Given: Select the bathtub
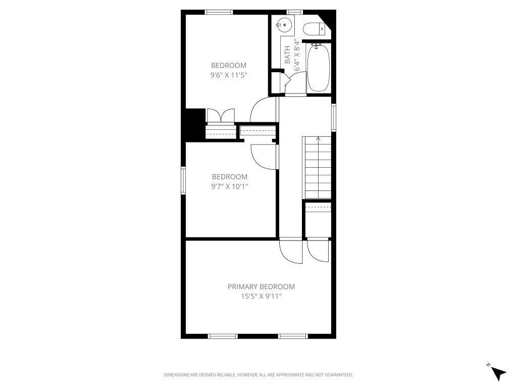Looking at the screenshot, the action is click(x=318, y=68).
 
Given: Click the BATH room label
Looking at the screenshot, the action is click(x=287, y=55).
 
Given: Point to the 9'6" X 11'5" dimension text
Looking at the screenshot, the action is click(x=229, y=75).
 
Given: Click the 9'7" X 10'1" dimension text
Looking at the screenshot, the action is click(x=230, y=186).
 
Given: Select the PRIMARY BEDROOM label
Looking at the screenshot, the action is click(x=261, y=287).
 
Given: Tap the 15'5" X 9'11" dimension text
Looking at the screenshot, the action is click(x=261, y=296).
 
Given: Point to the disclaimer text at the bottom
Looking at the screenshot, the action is click(x=258, y=375).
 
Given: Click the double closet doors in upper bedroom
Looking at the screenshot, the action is click(x=221, y=116).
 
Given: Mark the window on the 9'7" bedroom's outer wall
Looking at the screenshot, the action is click(x=183, y=180).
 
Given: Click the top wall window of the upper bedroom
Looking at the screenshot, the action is click(x=219, y=12).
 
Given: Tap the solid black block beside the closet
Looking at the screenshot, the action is click(x=195, y=125).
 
